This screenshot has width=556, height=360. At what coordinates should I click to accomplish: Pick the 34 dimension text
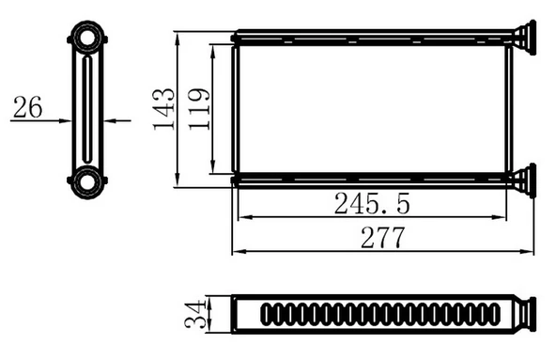click(x=196, y=315)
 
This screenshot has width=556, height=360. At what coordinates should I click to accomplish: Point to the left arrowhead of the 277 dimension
click(x=238, y=252)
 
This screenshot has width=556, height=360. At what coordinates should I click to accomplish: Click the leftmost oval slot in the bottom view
click(x=264, y=313)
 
